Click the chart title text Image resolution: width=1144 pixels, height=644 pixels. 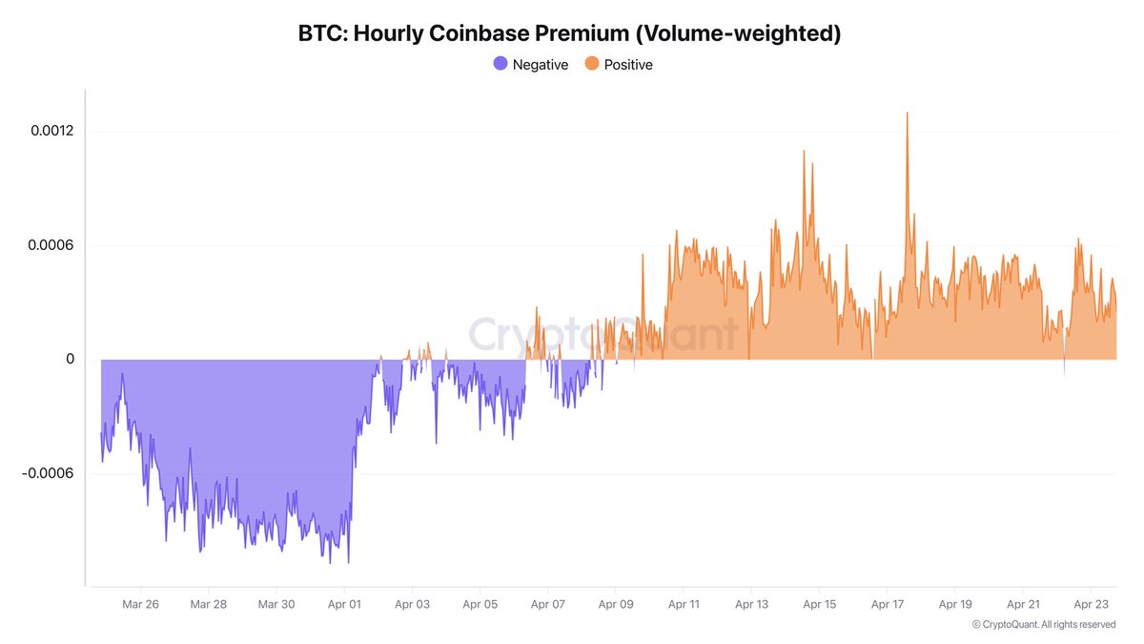pyautogui.click(x=571, y=33)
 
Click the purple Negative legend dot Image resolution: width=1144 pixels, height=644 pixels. pyautogui.click(x=500, y=64)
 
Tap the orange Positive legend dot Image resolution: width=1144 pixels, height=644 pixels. pyautogui.click(x=592, y=64)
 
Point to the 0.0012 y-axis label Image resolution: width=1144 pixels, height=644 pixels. pyautogui.click(x=51, y=131)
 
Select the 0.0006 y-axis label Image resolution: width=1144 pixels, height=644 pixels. pyautogui.click(x=51, y=245)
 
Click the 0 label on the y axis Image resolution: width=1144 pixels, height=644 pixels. pyautogui.click(x=70, y=360)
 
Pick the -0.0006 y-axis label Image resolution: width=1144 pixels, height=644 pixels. pyautogui.click(x=49, y=474)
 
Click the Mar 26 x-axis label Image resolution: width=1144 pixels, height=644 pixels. pyautogui.click(x=140, y=604)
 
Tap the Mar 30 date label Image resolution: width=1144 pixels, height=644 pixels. pyautogui.click(x=276, y=604)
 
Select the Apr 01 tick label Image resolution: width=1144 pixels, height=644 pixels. pyautogui.click(x=343, y=604)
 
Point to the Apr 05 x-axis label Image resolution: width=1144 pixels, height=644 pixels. pyautogui.click(x=479, y=604)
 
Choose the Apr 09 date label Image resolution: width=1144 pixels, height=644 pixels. pyautogui.click(x=615, y=604)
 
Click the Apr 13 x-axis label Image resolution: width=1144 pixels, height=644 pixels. pyautogui.click(x=751, y=604)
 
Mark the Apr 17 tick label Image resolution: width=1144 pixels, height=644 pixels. pyautogui.click(x=887, y=604)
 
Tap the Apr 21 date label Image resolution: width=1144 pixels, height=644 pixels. pyautogui.click(x=1023, y=604)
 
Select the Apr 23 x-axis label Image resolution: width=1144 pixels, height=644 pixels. pyautogui.click(x=1091, y=604)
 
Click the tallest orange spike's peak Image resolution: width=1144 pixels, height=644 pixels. pyautogui.click(x=907, y=114)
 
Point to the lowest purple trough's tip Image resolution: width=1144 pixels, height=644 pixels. pyautogui.click(x=331, y=562)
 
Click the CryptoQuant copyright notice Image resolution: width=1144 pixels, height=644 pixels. pyautogui.click(x=1043, y=624)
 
